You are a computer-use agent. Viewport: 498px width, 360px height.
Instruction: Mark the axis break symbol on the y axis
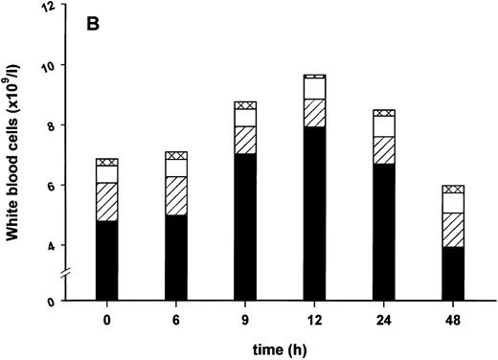[75, 275]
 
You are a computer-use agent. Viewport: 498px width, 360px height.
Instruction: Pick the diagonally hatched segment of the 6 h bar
[176, 195]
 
